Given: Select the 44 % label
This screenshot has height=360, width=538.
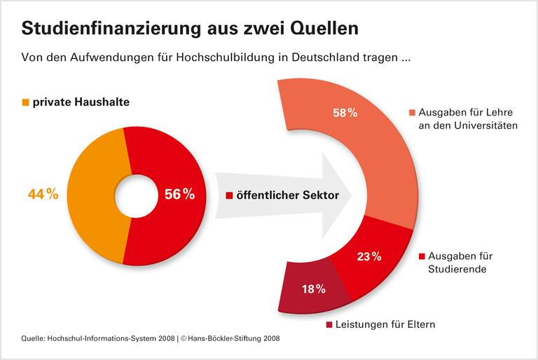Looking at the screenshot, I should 43,194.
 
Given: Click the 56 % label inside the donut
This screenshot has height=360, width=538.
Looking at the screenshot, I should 179,195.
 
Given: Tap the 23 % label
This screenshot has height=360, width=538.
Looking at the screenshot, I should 368,256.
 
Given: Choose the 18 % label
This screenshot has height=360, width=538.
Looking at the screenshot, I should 314,289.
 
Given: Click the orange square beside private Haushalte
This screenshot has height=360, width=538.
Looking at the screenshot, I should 26,102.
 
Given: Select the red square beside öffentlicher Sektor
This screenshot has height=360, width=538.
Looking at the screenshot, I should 229,196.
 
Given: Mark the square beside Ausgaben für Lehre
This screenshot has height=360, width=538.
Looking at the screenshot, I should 413,113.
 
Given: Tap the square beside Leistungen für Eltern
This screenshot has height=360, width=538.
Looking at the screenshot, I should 330,324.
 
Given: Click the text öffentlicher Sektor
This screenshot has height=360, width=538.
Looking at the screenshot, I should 287,196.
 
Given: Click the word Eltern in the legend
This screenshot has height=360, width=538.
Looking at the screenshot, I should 420,324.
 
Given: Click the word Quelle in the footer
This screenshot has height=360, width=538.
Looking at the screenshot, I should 32,338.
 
